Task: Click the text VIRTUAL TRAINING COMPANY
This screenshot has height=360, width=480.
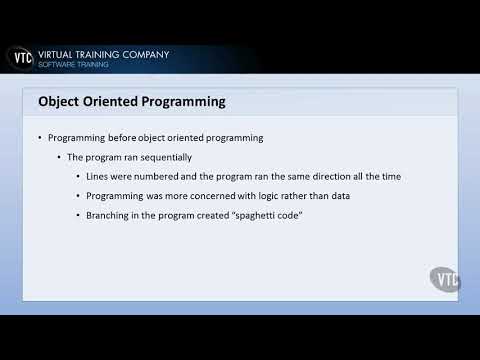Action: click(103, 54)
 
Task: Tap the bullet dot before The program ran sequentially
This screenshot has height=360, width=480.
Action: click(59, 157)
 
